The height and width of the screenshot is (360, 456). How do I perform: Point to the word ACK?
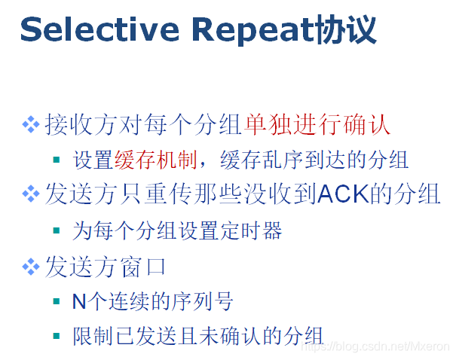pyautogui.click(x=341, y=194)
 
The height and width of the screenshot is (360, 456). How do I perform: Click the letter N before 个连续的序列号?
pyautogui.click(x=79, y=301)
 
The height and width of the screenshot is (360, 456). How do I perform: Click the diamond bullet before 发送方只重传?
pyautogui.click(x=31, y=194)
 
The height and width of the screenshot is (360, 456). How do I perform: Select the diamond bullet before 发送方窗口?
pyautogui.click(x=31, y=266)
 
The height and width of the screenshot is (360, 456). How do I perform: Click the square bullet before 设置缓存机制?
pyautogui.click(x=57, y=160)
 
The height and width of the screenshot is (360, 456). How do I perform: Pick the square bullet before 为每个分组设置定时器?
pyautogui.click(x=57, y=230)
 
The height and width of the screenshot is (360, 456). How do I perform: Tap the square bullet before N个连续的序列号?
pyautogui.click(x=57, y=302)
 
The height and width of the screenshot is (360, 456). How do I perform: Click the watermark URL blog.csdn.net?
pyautogui.click(x=373, y=346)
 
